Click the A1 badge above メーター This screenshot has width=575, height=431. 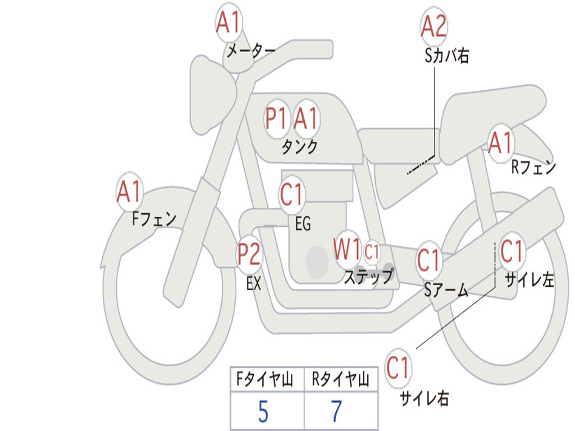[229, 24]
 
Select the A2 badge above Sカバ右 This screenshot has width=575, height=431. [433, 26]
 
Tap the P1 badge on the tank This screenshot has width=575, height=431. [276, 118]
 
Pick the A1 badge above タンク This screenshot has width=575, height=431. [306, 118]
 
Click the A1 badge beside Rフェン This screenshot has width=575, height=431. [500, 143]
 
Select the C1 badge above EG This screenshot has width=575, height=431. [291, 195]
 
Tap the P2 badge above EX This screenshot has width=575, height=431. [249, 254]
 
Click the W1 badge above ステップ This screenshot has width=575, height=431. [347, 250]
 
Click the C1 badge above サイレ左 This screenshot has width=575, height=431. [511, 251]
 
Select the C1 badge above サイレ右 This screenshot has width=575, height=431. [398, 369]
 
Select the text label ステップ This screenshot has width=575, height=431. [368, 277]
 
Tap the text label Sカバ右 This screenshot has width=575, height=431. [447, 56]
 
